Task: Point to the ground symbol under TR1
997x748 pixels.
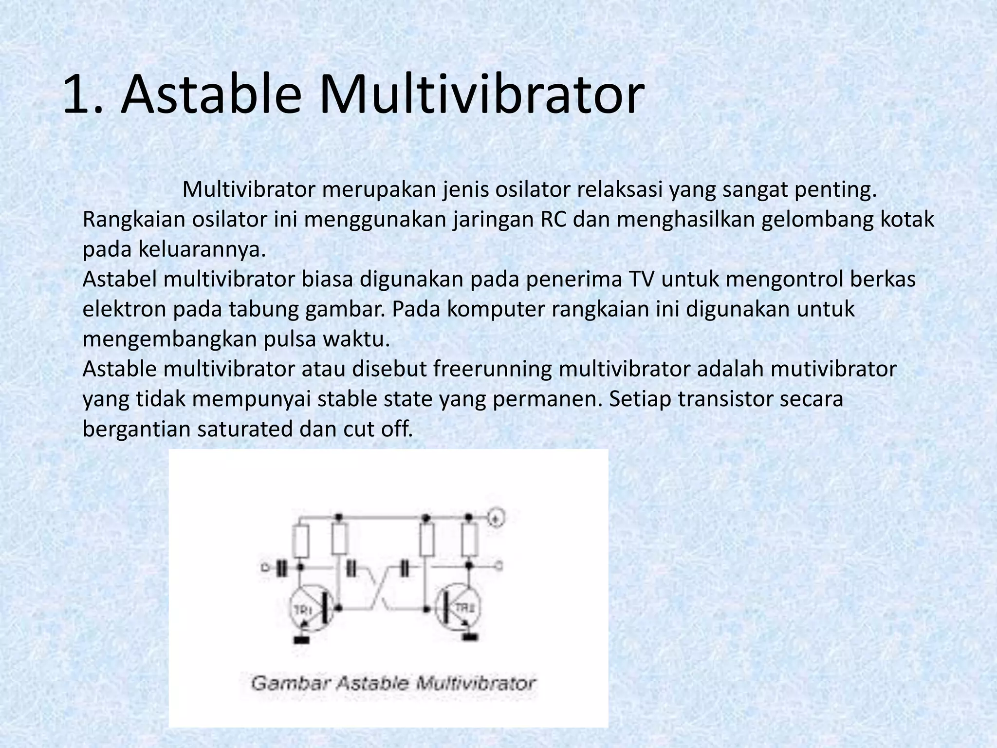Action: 302,639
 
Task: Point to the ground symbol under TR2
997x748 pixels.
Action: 470,636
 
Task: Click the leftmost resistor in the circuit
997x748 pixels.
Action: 301,541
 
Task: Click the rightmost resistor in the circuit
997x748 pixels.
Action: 470,540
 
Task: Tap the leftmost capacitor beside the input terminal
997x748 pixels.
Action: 281,567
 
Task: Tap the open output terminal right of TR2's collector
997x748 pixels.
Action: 499,566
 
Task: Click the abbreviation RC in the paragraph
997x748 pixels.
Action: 554,220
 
